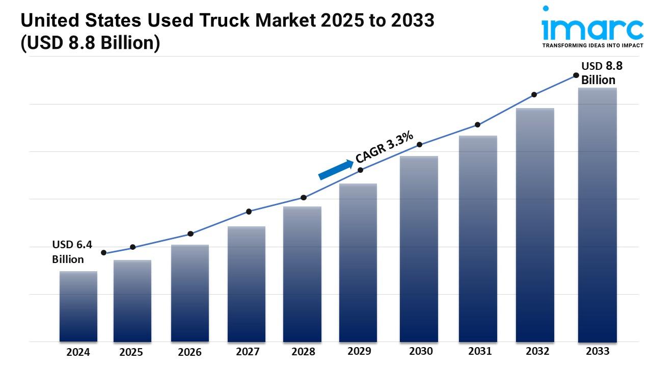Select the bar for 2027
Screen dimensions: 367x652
pyautogui.click(x=247, y=284)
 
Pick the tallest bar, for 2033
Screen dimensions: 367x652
pyautogui.click(x=597, y=215)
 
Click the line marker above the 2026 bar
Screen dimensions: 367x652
pyautogui.click(x=191, y=234)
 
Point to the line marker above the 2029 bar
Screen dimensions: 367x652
pyautogui.click(x=361, y=170)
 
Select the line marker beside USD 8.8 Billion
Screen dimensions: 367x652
pyautogui.click(x=576, y=75)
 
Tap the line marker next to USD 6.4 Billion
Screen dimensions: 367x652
pyautogui.click(x=104, y=253)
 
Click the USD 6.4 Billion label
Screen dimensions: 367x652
pyautogui.click(x=72, y=252)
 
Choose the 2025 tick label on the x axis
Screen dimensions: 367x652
pyautogui.click(x=131, y=352)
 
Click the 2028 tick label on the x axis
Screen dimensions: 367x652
pyautogui.click(x=303, y=352)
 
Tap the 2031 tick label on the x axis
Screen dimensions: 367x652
pyautogui.click(x=479, y=351)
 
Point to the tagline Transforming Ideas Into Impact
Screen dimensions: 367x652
pyautogui.click(x=592, y=45)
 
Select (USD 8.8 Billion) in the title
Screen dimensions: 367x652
pyautogui.click(x=90, y=43)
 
